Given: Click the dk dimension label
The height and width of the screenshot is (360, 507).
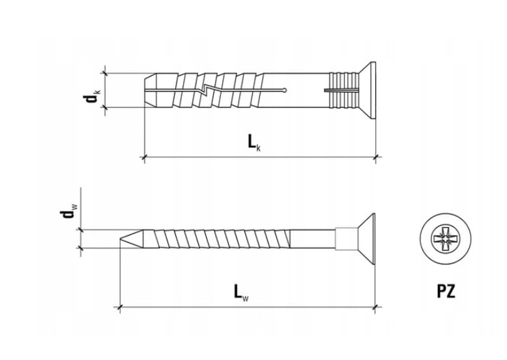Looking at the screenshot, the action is coord(91,95).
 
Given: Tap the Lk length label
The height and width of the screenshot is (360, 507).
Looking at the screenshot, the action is coord(254,143).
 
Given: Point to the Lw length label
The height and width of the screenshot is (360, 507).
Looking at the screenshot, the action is coord(241,292).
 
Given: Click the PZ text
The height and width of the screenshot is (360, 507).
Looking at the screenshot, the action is coord(446,291).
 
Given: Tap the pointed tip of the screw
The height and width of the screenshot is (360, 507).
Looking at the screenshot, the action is coord(121,239).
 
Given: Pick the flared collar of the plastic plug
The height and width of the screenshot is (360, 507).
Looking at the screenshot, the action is coord(368,90).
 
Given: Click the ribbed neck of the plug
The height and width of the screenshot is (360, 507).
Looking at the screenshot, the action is coord(344,90).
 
